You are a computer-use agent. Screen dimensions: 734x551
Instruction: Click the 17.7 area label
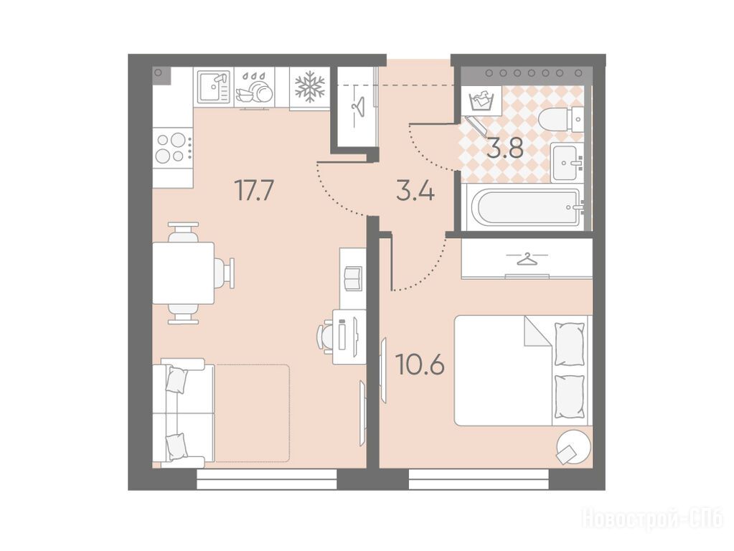[254, 190]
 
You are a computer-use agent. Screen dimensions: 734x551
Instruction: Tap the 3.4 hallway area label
[415, 192]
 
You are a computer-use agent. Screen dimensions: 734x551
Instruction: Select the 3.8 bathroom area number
[504, 149]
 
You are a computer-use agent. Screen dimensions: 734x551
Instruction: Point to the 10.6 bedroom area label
[420, 364]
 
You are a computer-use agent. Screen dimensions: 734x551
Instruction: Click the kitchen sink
[214, 87]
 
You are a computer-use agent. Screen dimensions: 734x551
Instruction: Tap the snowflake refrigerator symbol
[309, 87]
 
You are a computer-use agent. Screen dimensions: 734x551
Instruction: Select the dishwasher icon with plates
[254, 88]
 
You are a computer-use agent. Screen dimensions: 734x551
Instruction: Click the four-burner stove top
[173, 147]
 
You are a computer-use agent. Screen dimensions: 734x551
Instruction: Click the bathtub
[527, 207]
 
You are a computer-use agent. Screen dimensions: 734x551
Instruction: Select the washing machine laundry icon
[481, 100]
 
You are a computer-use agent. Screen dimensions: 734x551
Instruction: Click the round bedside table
[573, 447]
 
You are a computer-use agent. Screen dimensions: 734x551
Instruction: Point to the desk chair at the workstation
[329, 335]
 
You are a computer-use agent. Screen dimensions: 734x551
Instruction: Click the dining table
[184, 273]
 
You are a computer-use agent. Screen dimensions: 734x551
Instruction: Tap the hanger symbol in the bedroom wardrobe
[527, 258]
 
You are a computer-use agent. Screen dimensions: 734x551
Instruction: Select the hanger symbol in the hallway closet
[357, 107]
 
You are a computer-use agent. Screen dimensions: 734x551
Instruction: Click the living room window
[267, 480]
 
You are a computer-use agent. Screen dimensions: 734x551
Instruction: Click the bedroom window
[479, 480]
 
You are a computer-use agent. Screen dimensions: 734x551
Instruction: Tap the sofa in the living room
[183, 413]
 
